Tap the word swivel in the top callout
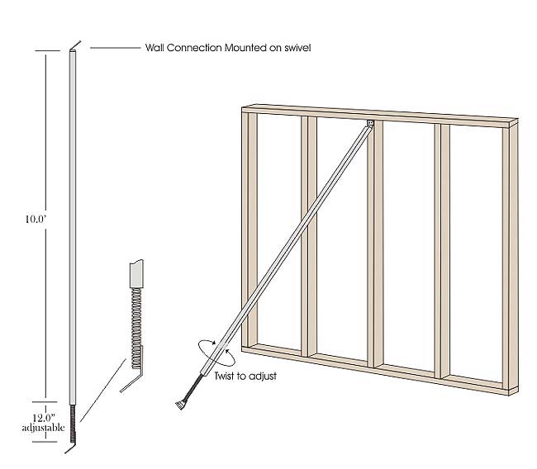click(x=295, y=49)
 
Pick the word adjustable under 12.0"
click(x=37, y=428)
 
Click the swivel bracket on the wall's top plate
click(x=369, y=125)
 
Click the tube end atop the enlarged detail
click(x=136, y=271)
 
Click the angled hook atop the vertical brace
click(x=74, y=46)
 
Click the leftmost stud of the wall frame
click(x=249, y=231)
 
